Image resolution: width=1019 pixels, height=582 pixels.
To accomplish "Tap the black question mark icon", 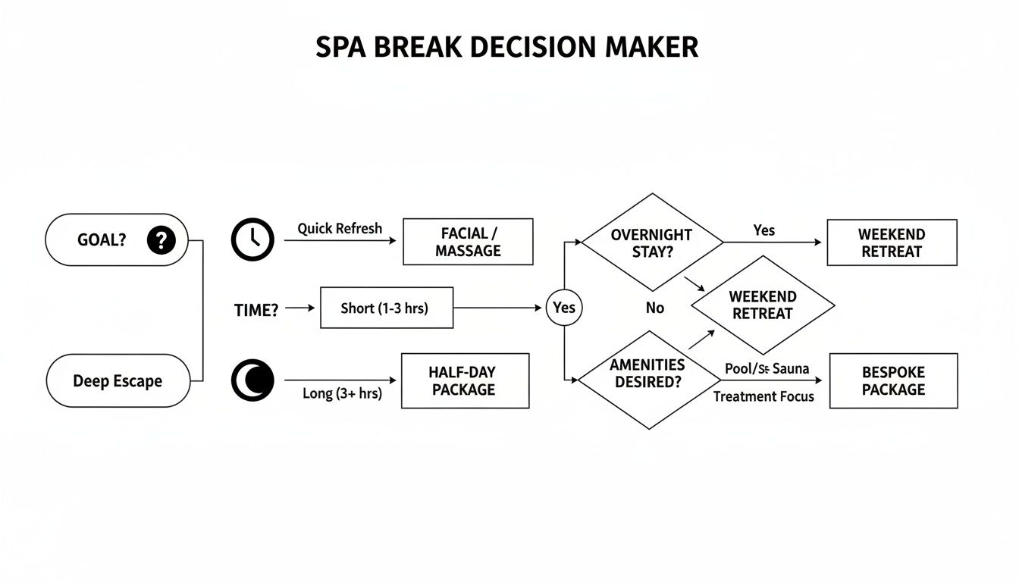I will coord(161,240).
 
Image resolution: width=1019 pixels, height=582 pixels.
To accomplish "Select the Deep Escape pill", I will coord(118,381).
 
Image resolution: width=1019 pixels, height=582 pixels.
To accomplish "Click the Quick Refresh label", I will coord(340,228).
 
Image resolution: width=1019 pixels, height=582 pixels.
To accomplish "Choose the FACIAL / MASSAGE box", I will coord(468,242).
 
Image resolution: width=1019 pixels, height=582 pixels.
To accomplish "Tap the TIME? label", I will coord(257,309).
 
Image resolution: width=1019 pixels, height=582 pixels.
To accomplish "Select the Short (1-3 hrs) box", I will coord(387,308).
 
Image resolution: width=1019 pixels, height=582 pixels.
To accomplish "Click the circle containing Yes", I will coord(564,308).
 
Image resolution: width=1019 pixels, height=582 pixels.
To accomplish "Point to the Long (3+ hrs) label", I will coord(342,393).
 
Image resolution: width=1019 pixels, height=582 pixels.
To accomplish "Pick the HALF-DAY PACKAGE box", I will coord(465,380).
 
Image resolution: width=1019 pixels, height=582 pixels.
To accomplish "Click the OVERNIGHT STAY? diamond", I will coord(652,242).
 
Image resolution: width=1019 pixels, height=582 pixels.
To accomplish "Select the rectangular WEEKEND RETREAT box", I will coord(892,242).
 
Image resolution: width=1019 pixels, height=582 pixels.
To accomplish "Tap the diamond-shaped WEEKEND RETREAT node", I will coord(763,305).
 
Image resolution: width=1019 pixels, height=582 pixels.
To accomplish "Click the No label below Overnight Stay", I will coord(655,308).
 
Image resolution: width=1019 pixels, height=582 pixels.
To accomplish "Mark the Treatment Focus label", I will coord(763,396).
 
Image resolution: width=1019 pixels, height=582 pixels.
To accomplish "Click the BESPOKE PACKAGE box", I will coord(893,380).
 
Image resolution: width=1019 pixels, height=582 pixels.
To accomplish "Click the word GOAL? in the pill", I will coord(102,240).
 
